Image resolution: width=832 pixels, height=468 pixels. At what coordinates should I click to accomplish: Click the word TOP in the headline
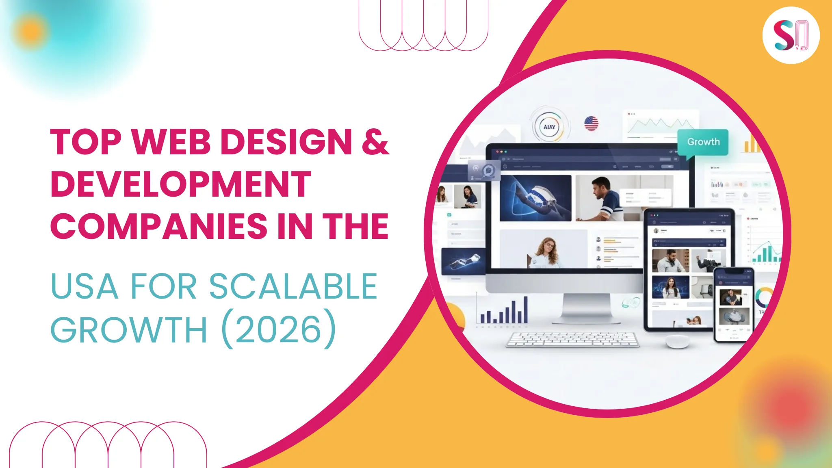coord(86,142)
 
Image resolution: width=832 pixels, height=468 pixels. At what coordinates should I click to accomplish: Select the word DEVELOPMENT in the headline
coord(181,184)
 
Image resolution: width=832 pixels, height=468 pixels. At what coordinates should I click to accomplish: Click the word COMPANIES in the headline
coord(159,227)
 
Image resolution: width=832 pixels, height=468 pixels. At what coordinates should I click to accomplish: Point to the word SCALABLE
coord(293,287)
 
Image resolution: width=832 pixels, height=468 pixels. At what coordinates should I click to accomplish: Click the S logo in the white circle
coord(791,35)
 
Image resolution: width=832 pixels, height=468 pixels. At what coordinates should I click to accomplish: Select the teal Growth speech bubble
coord(703,142)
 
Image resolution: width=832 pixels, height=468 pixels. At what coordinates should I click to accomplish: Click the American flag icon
coord(591,123)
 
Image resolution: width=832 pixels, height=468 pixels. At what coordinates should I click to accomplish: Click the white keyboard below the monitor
coord(572,340)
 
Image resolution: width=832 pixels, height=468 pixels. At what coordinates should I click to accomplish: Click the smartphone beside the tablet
coord(733,305)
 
